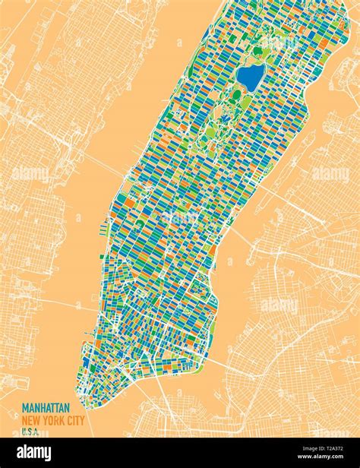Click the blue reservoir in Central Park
tap(250, 76)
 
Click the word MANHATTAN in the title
tap(46, 408)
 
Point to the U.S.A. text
tap(30, 432)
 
